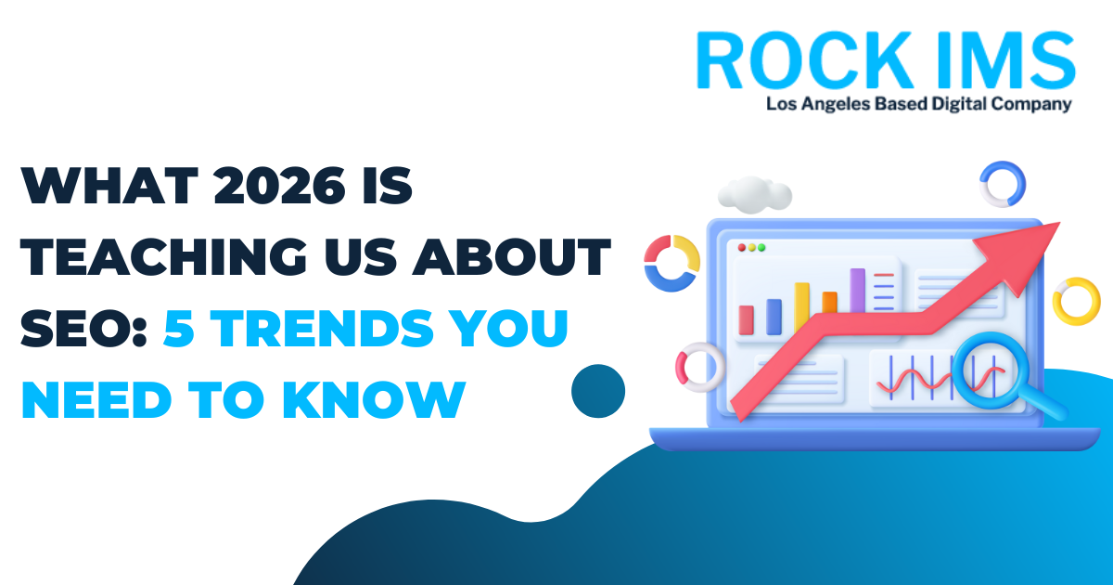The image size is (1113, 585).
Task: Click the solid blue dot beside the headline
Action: click(x=597, y=391)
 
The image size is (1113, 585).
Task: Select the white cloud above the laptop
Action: click(x=755, y=192)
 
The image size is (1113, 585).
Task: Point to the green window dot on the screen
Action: click(x=761, y=248)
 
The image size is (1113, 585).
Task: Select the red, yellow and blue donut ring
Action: click(x=672, y=262)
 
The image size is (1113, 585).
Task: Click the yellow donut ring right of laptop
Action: click(x=1076, y=302)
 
